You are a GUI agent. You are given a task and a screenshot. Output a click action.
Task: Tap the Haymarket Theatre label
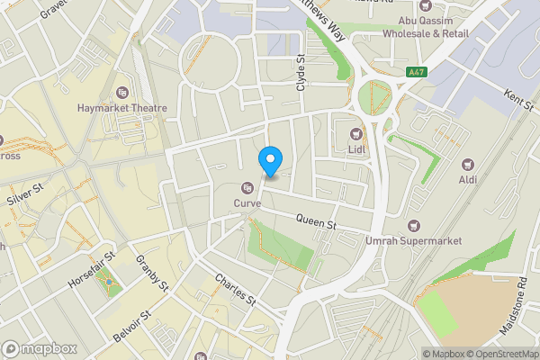122,108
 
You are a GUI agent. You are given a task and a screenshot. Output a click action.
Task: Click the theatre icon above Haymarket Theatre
122,92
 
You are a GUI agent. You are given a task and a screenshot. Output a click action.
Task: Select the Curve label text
247,203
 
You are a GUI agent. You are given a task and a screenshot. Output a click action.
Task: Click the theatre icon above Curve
247,188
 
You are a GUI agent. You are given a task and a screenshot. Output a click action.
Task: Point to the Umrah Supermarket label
414,241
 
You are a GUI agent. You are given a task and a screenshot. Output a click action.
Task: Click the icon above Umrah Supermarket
413,226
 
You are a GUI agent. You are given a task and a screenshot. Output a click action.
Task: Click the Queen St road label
316,221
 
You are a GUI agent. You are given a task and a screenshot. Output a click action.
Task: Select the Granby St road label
152,273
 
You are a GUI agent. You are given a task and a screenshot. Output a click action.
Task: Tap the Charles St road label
236,291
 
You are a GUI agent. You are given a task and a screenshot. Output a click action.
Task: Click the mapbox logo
39,348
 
